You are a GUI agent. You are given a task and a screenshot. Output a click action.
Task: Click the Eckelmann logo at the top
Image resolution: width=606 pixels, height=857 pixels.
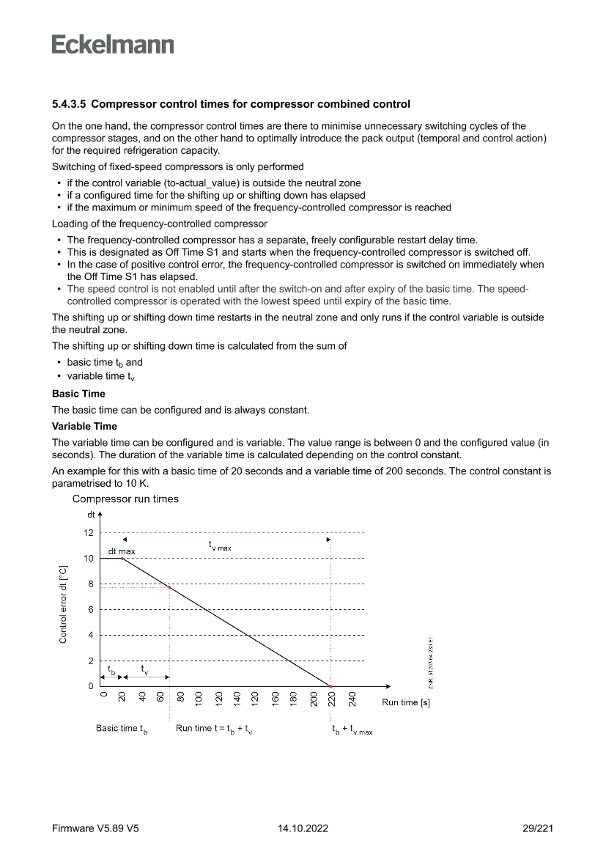[113, 45]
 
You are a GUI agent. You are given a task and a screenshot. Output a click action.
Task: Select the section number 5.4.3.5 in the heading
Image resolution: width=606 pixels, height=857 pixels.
[69, 104]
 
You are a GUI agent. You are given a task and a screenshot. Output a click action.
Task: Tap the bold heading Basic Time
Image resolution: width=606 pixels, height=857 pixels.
[78, 394]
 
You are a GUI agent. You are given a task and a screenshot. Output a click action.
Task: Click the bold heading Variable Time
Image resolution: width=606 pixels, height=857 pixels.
[84, 426]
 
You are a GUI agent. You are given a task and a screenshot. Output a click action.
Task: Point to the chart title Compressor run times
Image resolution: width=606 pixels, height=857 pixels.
[125, 499]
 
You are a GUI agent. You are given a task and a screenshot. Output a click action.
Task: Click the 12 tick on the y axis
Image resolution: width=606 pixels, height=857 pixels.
[89, 533]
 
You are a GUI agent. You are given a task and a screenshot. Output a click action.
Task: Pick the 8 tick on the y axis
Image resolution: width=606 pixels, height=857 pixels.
[90, 584]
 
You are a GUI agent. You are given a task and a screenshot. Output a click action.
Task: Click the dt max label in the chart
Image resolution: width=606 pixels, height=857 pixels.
[122, 551]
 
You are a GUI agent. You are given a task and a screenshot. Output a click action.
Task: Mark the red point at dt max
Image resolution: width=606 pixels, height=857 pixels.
[122, 559]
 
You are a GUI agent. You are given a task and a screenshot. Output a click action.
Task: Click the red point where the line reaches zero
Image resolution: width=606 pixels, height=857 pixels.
[330, 686]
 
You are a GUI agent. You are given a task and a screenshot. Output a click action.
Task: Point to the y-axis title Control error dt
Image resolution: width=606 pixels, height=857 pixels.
[64, 604]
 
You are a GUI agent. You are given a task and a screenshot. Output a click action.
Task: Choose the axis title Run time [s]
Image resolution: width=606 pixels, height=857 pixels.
[405, 702]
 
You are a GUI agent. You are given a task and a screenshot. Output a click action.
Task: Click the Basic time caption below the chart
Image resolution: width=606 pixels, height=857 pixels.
[122, 729]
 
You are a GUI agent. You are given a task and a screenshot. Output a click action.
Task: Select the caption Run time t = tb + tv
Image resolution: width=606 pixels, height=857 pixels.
[214, 729]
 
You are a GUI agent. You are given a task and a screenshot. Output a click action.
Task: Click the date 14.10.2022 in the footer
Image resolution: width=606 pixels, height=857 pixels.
[303, 828]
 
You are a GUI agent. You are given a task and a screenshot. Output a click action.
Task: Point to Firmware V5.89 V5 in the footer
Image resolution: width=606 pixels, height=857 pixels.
[95, 828]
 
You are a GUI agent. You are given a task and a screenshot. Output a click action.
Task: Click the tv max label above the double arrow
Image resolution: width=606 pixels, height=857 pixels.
[221, 545]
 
